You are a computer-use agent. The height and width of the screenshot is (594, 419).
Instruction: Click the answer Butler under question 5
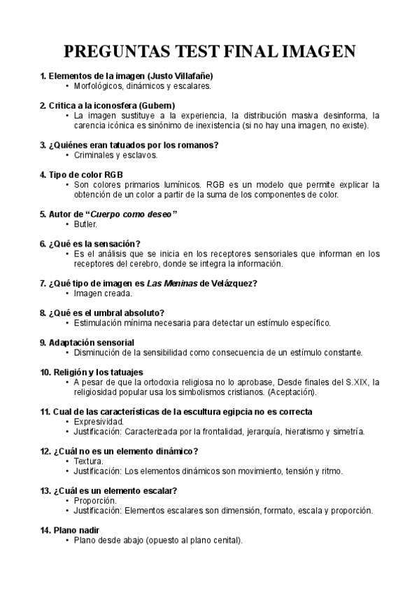pos(85,224)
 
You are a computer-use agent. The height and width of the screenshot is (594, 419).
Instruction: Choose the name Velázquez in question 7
pos(231,283)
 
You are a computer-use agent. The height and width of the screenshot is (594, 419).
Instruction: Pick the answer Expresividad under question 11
pos(99,422)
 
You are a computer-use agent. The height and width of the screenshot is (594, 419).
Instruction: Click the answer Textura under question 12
pos(88,461)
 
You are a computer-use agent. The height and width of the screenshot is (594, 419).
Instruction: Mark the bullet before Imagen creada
pos(67,293)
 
